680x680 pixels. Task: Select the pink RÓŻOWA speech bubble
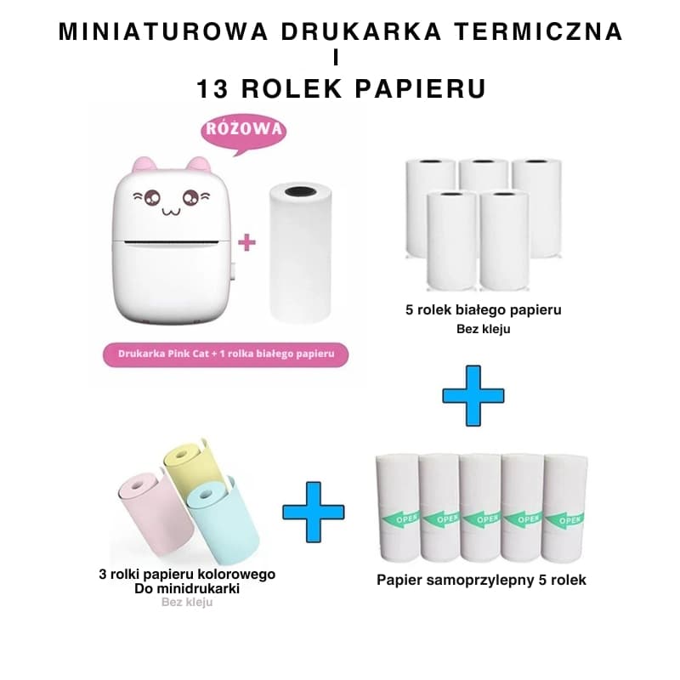(x=244, y=132)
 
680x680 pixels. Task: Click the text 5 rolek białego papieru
(x=483, y=310)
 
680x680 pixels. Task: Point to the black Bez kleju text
(x=484, y=328)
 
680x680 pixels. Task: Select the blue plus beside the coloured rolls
(x=314, y=512)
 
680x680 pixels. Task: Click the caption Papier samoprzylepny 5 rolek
(x=481, y=581)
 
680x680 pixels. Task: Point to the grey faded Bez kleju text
(x=187, y=602)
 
